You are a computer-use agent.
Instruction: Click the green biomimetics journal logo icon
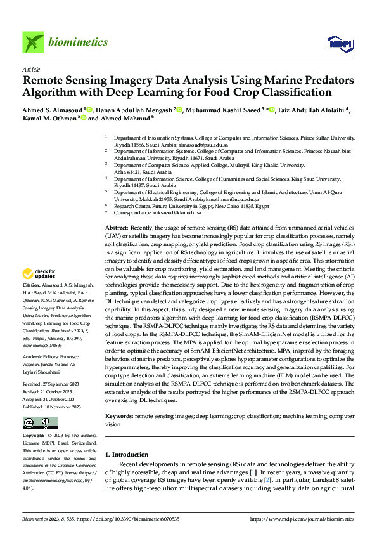click(32, 42)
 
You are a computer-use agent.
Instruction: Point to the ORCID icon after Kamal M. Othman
click(83, 119)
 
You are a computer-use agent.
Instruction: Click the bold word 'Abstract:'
click(116, 227)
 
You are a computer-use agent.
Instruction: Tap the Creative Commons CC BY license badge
click(40, 422)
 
